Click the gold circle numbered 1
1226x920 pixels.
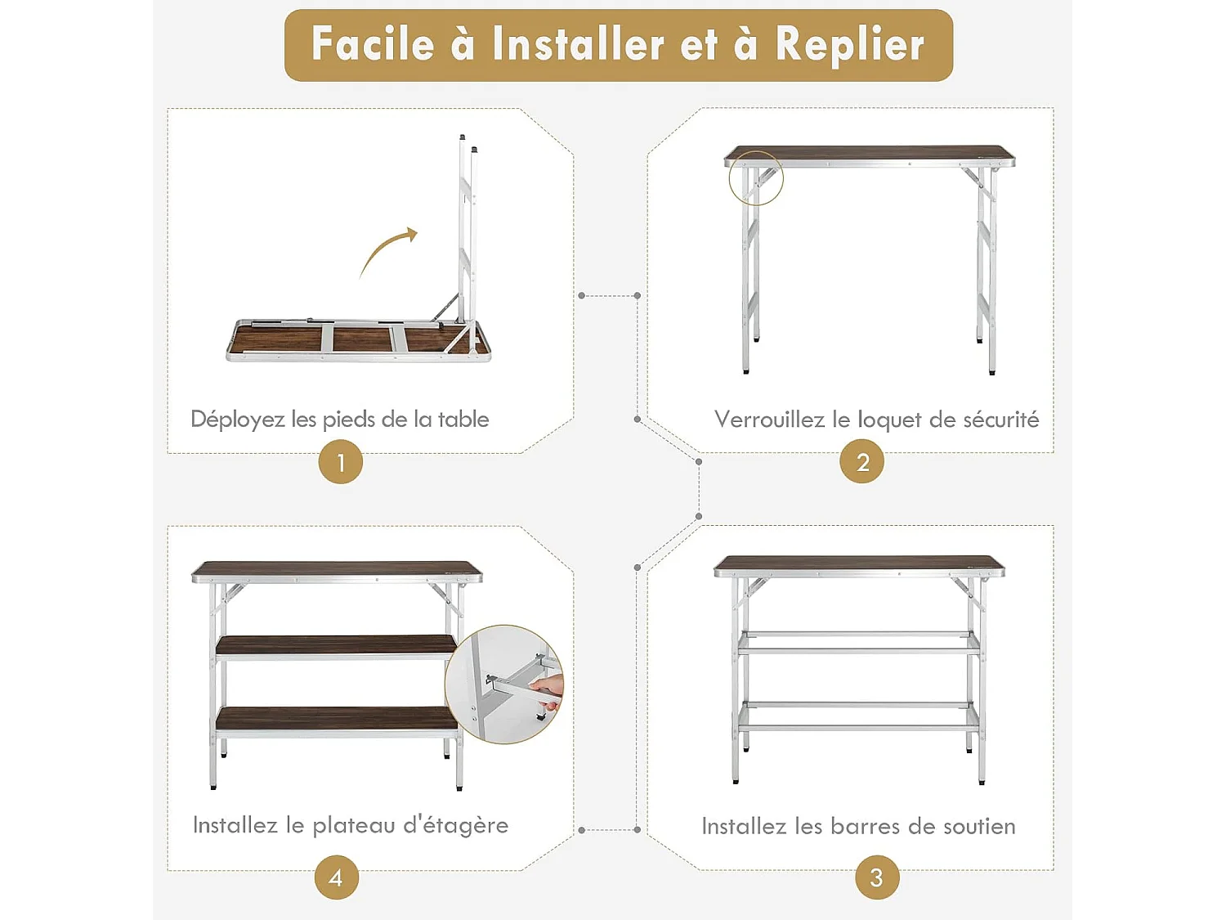tap(340, 462)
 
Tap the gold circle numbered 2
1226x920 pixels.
tap(862, 462)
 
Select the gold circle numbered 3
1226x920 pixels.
tap(876, 877)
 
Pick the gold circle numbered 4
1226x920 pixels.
tap(336, 877)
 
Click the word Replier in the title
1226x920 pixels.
tap(849, 45)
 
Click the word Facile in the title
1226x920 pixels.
tap(373, 45)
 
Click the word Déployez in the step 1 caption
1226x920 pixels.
tap(237, 420)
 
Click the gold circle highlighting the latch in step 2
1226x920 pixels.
tap(755, 177)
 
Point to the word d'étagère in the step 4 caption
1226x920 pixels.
tap(455, 825)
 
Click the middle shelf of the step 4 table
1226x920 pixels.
tap(335, 644)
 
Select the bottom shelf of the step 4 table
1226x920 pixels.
tap(335, 718)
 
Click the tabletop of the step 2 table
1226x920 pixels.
tap(868, 154)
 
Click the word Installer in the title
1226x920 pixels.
tap(577, 45)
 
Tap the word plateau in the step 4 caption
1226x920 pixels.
tap(353, 826)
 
